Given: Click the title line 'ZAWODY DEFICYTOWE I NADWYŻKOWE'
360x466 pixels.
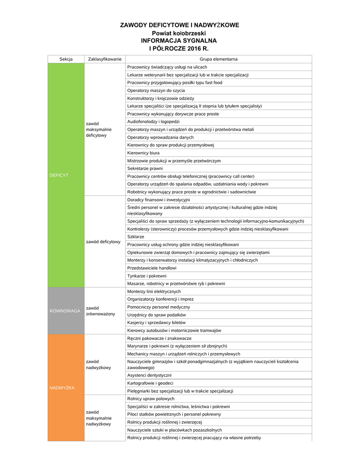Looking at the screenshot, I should click(179, 25).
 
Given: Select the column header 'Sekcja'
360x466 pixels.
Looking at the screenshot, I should click(66, 59).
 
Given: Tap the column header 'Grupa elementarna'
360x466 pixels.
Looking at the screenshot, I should click(218, 59).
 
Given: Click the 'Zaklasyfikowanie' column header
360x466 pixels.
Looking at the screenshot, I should click(105, 59).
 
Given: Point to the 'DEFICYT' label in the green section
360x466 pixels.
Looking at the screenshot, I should click(59, 175).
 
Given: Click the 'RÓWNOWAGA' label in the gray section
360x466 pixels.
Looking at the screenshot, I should click(65, 311).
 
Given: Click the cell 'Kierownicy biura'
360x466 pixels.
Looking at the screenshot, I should click(143, 153).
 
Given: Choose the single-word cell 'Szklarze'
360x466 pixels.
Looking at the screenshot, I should click(136, 237).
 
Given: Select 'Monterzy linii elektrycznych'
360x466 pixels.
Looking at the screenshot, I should click(154, 291).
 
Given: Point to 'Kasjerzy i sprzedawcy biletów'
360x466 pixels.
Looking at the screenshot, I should click(156, 322).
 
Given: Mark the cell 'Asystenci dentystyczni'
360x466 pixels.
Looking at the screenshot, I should click(149, 375).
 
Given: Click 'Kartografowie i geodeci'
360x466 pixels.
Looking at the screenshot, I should click(150, 383).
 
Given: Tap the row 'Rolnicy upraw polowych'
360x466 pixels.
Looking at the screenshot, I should click(151, 399).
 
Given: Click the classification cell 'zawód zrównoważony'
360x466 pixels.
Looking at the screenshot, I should click(101, 311).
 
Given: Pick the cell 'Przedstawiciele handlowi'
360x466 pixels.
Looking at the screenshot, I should click(152, 268).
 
